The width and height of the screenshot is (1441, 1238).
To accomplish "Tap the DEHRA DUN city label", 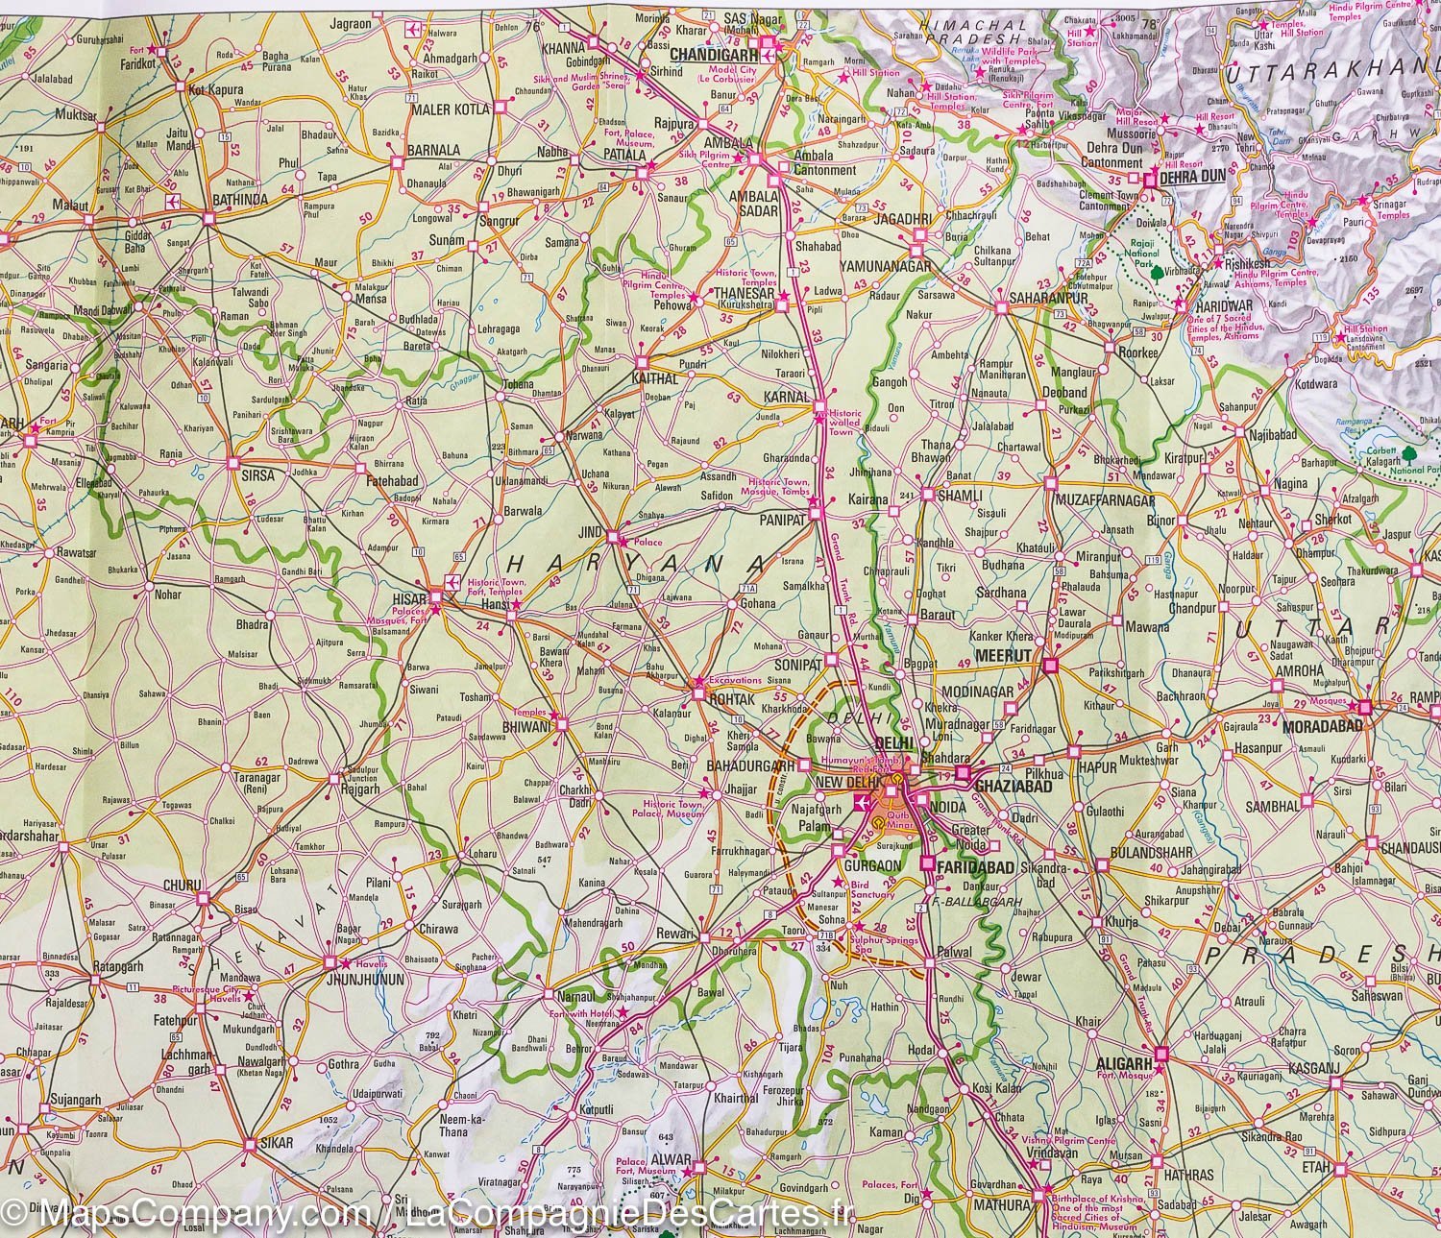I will coord(1194,178).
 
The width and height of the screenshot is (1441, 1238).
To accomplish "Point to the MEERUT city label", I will coord(1003,655).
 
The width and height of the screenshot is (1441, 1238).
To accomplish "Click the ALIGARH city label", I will coord(1123,1064).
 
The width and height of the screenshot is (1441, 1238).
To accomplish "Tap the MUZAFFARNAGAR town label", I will coord(1104,501).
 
